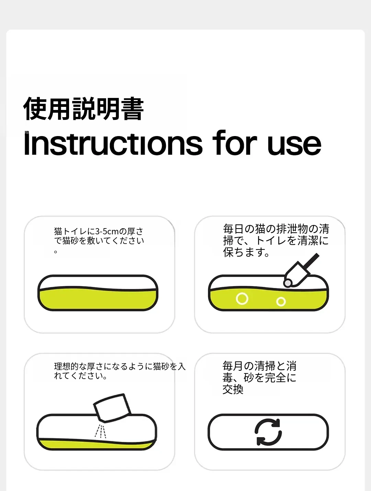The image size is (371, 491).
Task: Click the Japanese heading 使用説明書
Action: (83, 109)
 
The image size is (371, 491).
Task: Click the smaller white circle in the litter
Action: (281, 302)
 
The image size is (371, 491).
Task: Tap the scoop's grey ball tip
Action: (288, 283)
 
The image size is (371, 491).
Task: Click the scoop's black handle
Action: (311, 262)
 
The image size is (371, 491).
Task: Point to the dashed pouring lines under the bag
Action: (100, 431)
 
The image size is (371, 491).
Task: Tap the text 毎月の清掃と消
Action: (259, 366)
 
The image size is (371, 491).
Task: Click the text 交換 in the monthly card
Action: (233, 389)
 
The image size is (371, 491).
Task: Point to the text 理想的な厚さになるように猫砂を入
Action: (120, 366)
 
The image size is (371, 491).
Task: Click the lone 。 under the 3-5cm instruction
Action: (56, 252)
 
